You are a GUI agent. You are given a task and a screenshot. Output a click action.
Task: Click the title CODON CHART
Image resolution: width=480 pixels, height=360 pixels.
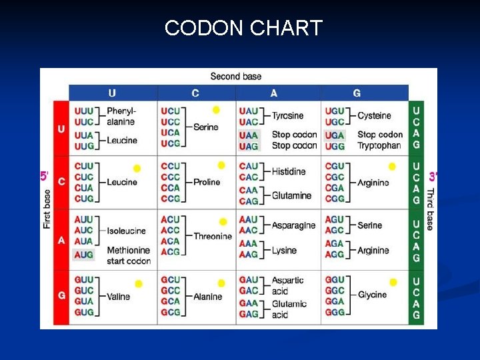point(243,28)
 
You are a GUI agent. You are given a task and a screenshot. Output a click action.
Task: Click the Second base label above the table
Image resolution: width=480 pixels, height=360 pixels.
point(236,77)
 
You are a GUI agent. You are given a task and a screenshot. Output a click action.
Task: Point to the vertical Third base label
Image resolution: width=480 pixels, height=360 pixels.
point(430,209)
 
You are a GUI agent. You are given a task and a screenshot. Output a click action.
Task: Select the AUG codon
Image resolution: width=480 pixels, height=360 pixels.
point(83,255)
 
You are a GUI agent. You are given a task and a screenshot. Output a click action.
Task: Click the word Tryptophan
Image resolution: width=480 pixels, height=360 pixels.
point(379,145)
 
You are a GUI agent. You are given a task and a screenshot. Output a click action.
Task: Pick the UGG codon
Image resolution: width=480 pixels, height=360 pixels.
point(335,145)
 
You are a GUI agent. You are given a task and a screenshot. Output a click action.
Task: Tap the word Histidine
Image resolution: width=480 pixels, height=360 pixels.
point(289,171)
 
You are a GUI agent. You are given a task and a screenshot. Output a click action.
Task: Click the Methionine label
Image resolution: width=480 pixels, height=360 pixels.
point(129,250)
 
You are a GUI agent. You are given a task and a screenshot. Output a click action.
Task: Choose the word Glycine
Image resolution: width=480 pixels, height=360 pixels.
point(372,295)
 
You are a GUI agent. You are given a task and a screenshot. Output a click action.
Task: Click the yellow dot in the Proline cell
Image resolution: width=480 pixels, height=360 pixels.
point(221,165)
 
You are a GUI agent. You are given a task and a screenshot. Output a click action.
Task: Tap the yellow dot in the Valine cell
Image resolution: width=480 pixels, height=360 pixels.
point(139,284)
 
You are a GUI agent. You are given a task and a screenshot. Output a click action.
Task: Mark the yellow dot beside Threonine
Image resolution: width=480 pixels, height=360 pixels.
point(223,222)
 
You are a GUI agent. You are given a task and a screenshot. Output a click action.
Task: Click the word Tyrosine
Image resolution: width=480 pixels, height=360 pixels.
point(287,115)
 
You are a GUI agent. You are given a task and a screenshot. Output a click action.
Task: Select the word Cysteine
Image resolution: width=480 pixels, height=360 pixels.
point(375,115)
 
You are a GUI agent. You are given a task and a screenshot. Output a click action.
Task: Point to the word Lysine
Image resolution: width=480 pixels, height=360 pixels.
point(285,250)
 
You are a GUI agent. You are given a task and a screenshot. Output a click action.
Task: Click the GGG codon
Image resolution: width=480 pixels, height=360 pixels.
point(335,312)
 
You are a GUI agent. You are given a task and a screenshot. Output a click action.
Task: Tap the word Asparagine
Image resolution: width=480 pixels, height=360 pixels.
point(293,225)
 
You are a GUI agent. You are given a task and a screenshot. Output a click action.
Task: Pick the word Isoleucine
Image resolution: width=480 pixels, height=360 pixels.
point(126,231)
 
